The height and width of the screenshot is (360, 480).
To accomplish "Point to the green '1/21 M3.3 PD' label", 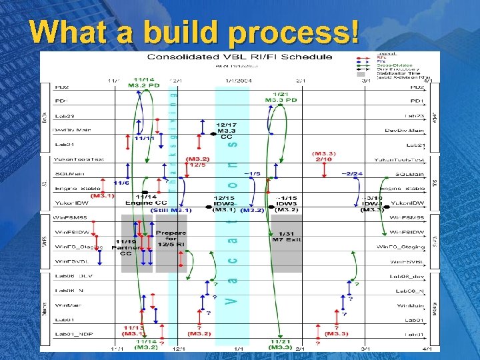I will [281, 97].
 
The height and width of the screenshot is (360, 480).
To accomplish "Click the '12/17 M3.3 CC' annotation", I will [226, 131].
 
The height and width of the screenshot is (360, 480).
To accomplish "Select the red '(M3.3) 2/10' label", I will [323, 156].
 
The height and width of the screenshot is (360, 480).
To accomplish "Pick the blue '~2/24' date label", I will [351, 174].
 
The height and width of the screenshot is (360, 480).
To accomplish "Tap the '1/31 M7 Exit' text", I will [287, 235].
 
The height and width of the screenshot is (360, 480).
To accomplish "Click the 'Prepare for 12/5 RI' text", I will [171, 239].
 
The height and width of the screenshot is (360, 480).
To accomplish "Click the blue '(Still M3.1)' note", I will [171, 210].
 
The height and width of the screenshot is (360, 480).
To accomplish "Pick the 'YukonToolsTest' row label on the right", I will [399, 160].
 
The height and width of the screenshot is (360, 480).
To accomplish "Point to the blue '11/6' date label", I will [121, 183].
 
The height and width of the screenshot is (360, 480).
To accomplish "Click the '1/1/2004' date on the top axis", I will [237, 81].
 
